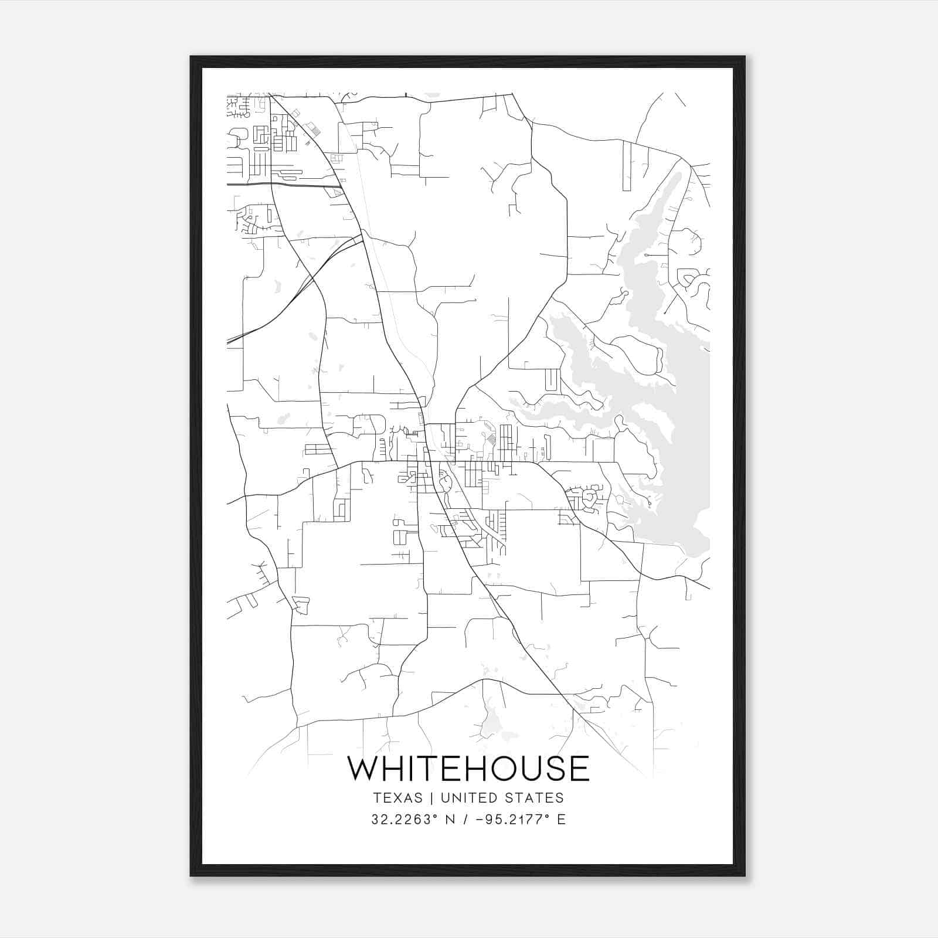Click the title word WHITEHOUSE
pos(468,768)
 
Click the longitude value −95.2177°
pos(511,820)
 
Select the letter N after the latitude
pos(451,820)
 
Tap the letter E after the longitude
pos(561,820)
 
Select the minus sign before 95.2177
pos(480,820)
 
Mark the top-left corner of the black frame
pos(191,57)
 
